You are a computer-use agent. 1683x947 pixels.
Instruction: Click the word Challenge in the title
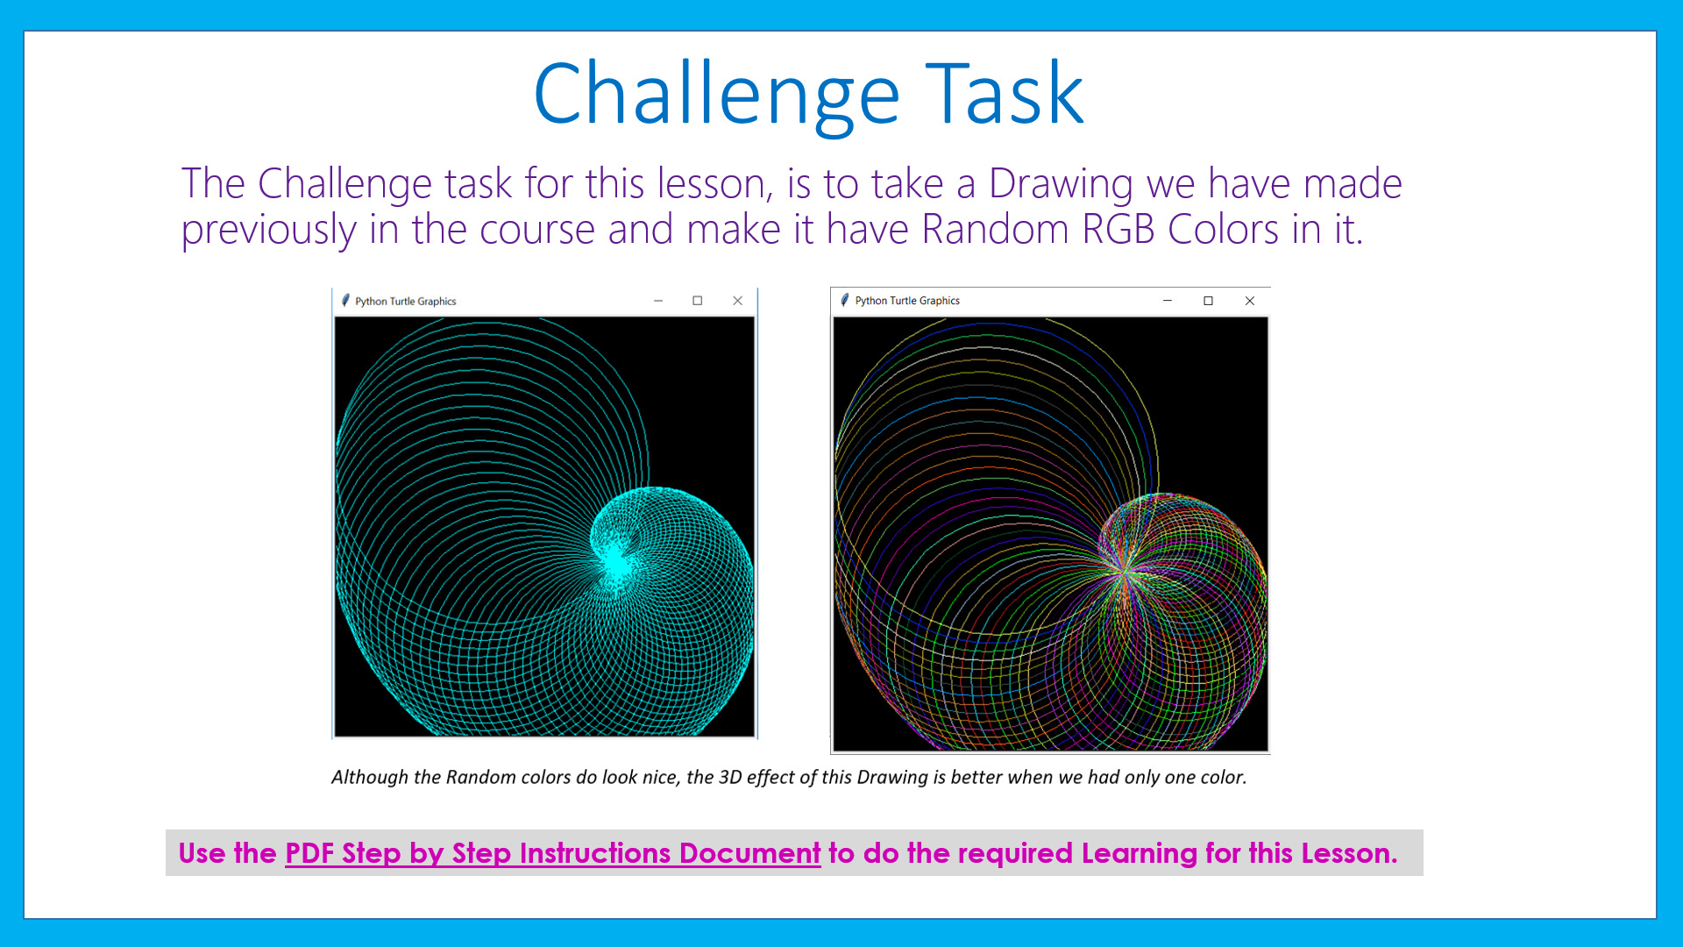pos(716,95)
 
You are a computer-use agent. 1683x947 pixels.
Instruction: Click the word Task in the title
pos(1005,95)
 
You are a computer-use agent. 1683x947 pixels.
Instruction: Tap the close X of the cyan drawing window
pos(737,301)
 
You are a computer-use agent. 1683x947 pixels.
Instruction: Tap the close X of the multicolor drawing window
pos(1250,301)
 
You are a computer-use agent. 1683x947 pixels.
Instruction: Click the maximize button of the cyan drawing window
pos(698,301)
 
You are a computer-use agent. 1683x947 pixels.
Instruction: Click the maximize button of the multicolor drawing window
pos(1208,301)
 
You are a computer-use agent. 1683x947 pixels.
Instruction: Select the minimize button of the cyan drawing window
pos(658,301)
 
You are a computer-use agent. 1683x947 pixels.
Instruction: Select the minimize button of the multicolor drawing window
pos(1168,301)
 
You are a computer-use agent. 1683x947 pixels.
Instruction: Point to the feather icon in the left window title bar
pos(345,301)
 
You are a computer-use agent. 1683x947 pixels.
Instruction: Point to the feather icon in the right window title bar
pos(845,300)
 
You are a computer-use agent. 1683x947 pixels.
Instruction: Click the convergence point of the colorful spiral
pos(1124,572)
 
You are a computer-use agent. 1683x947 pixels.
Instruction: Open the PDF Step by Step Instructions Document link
pos(552,853)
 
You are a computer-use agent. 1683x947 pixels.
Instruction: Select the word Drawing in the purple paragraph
pos(1061,184)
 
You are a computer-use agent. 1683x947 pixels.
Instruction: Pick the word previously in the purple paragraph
pos(268,230)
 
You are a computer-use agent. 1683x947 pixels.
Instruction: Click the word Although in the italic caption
pos(369,777)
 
